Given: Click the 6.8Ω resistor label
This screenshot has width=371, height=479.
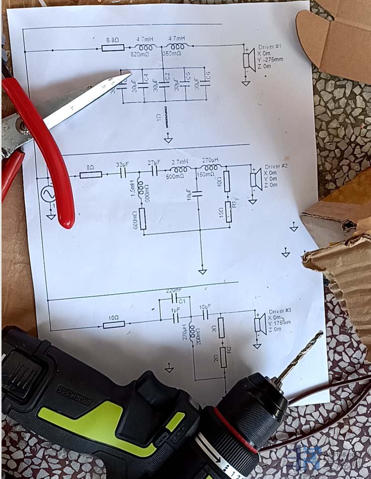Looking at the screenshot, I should click(x=112, y=40).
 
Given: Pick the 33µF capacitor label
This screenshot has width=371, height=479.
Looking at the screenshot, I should click(x=122, y=164).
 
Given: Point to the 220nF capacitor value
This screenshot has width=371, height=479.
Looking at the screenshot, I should click(x=173, y=290).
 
